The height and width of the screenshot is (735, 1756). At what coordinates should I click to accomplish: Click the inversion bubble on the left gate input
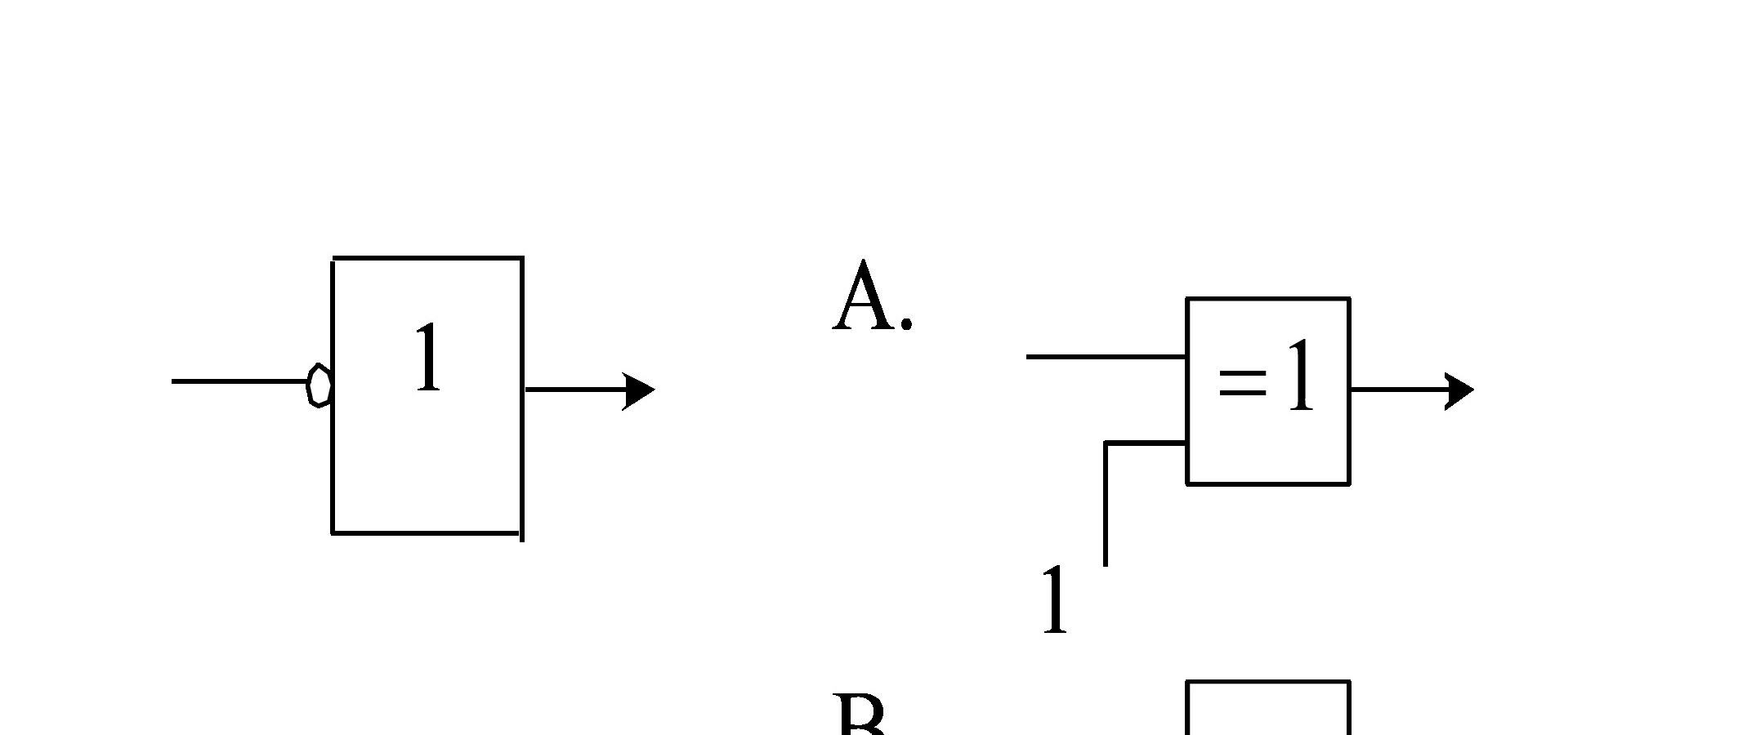click(x=319, y=385)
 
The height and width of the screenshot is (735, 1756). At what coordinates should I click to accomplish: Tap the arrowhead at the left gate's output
click(x=638, y=390)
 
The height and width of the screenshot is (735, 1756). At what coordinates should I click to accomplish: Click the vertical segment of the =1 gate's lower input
click(x=1106, y=506)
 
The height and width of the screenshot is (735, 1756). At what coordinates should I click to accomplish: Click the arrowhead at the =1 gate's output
click(x=1459, y=390)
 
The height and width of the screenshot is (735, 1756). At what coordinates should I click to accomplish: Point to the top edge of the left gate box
click(x=428, y=258)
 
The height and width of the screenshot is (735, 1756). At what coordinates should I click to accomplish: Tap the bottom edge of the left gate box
click(x=426, y=533)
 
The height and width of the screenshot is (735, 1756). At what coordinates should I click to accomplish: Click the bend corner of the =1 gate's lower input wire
click(x=1106, y=443)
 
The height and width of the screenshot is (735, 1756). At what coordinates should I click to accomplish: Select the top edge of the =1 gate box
click(x=1267, y=299)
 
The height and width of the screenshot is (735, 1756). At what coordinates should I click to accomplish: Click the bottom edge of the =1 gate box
click(x=1267, y=483)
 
